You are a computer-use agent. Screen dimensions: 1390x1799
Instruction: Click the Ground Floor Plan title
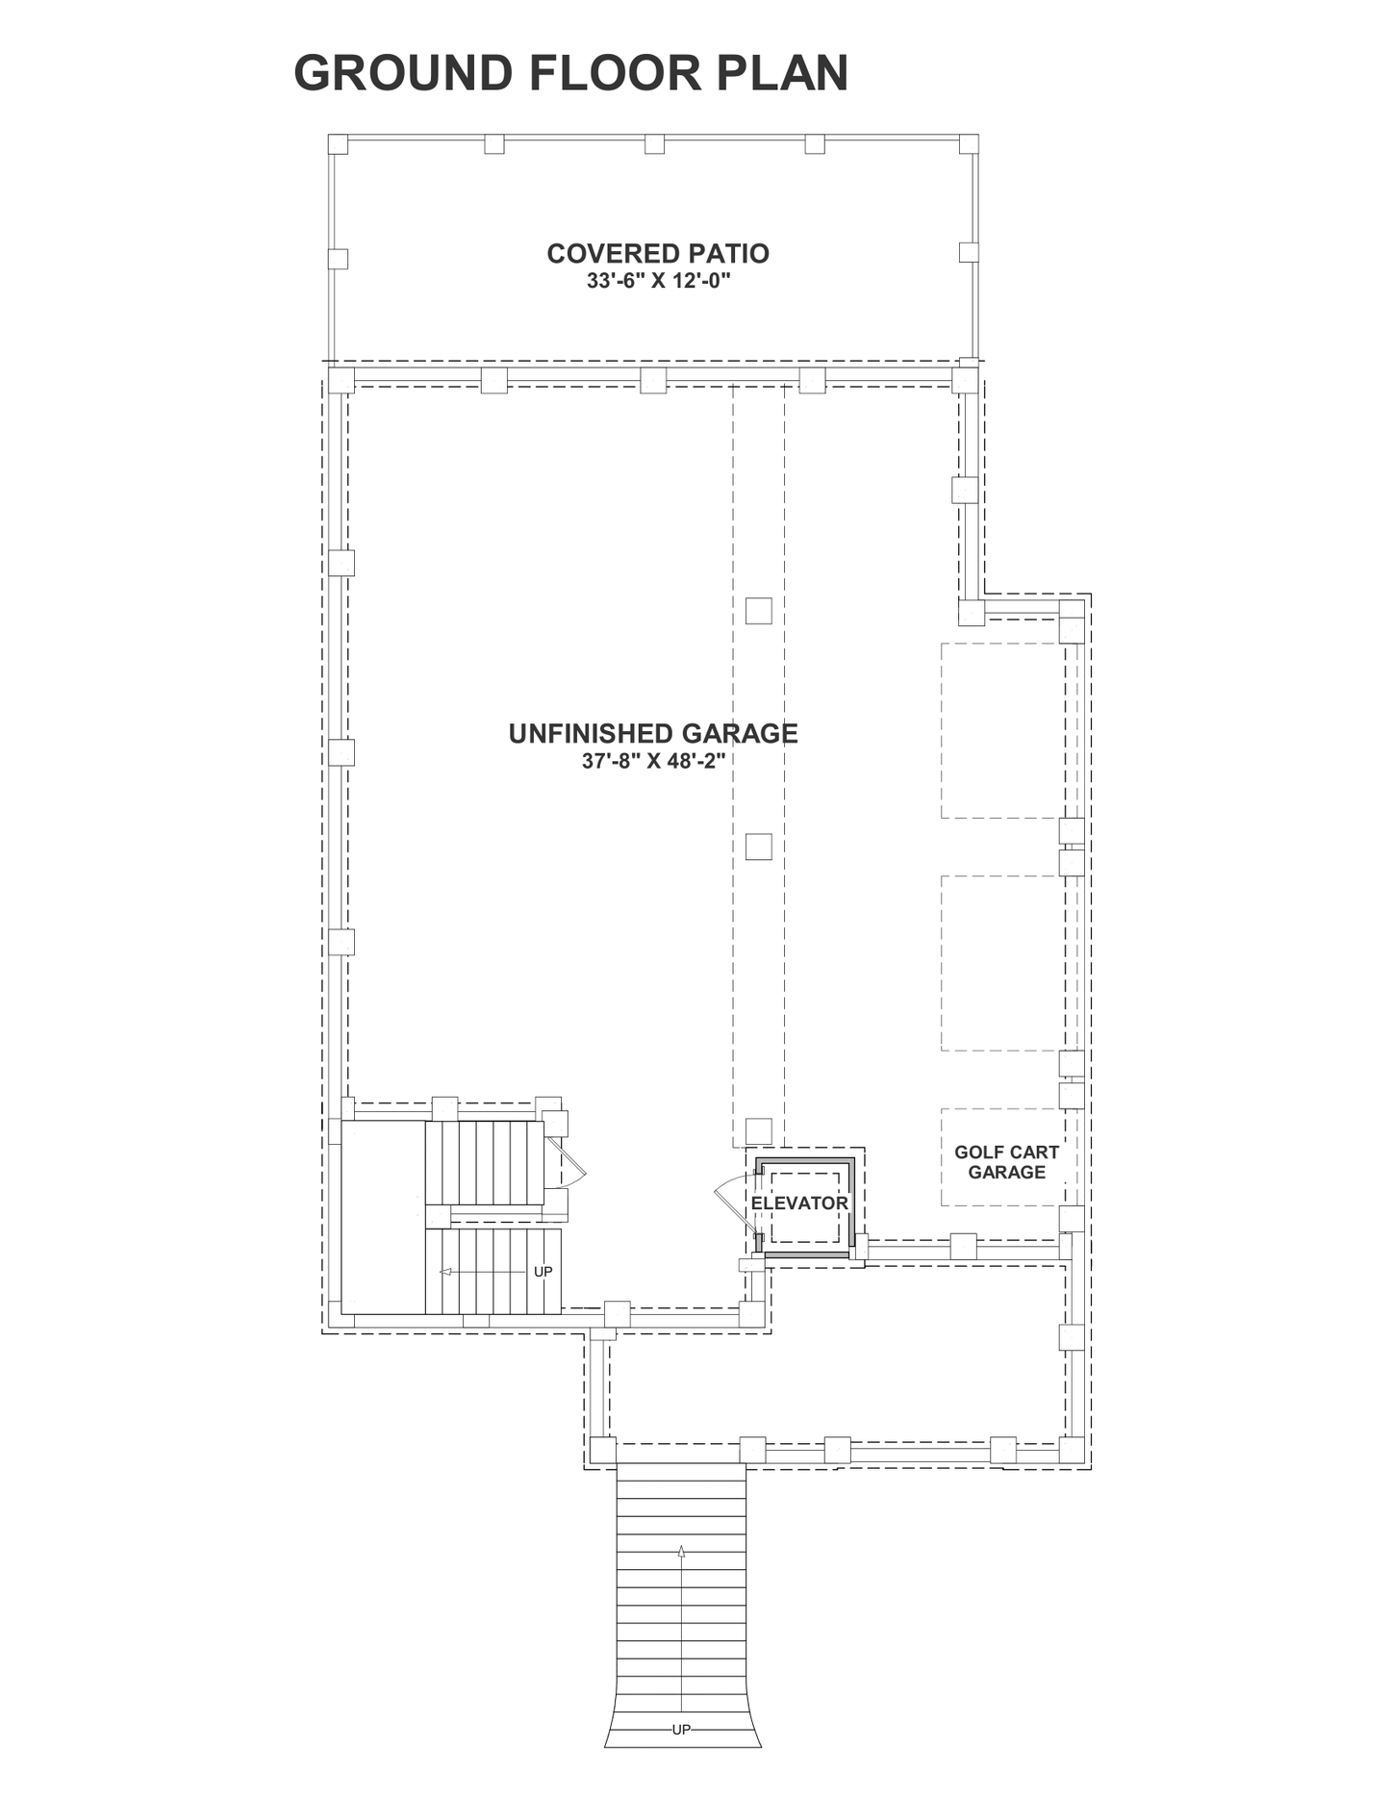571,73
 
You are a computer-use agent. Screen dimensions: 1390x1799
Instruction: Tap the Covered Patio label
658,253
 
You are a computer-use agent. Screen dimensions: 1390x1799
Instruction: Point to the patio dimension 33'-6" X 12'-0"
659,282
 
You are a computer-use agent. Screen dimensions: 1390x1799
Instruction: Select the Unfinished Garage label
653,734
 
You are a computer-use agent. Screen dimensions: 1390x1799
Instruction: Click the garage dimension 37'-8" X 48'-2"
653,761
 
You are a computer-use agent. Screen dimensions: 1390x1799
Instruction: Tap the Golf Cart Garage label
1006,1162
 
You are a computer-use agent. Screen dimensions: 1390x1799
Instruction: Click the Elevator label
799,1204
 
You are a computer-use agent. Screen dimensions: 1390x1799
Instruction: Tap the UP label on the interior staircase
543,1272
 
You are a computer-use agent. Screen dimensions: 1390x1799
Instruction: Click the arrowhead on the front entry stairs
681,1551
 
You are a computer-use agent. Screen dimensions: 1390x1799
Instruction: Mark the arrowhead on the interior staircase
445,1272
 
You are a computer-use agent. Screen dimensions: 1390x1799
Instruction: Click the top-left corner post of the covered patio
338,144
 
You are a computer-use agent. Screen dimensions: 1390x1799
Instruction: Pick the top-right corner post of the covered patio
969,144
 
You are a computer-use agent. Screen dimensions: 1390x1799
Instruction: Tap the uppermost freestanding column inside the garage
759,611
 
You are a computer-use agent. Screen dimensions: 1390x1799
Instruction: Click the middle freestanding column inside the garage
759,847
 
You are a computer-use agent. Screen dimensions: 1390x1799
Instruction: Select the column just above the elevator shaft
759,1130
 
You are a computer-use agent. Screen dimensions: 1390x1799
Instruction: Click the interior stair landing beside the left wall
384,1217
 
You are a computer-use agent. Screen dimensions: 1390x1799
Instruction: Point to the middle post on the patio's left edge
338,259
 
